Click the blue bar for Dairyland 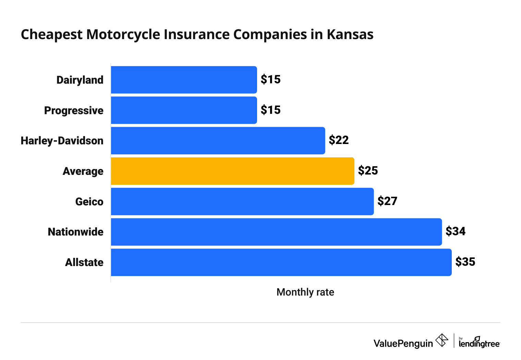[184, 80]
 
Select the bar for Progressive [184, 110]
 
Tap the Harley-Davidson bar [218, 141]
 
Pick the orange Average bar [232, 171]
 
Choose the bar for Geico [242, 201]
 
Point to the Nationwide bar [276, 232]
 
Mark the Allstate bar [281, 262]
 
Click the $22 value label [339, 140]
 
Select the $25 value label [368, 171]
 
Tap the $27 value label [387, 201]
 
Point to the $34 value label [456, 231]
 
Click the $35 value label [465, 262]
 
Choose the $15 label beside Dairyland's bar [270, 80]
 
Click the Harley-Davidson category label [62, 141]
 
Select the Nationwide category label [75, 232]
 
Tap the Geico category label [89, 202]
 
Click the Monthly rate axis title [305, 292]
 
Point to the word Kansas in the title [350, 35]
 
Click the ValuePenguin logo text [403, 343]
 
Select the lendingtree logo [479, 343]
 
